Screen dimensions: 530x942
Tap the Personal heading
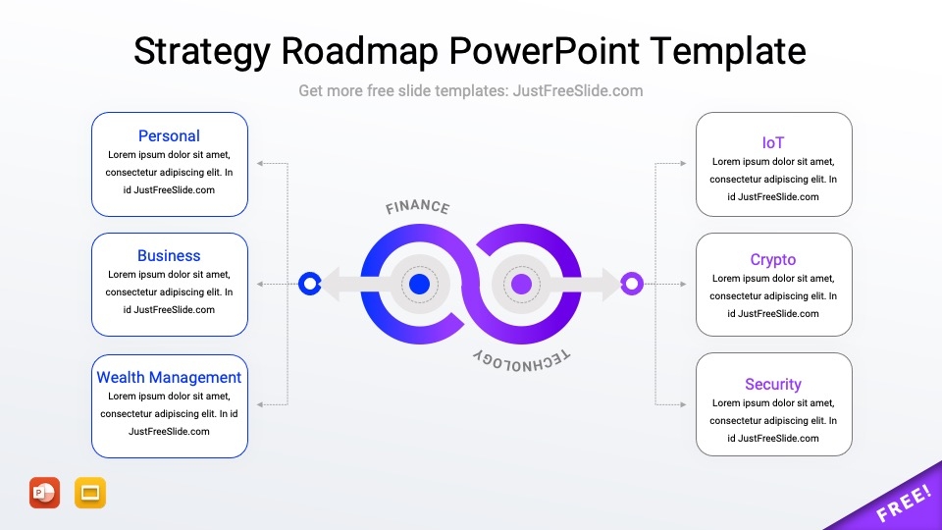(x=169, y=136)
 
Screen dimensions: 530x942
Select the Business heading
(x=169, y=256)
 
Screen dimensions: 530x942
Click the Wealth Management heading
(x=169, y=378)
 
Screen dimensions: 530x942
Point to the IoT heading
(x=773, y=143)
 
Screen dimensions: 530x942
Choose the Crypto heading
(x=773, y=260)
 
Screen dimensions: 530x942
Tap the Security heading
(x=773, y=385)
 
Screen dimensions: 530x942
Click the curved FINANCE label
(x=418, y=208)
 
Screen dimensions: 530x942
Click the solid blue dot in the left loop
(x=419, y=285)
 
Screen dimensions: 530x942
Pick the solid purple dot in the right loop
(x=522, y=285)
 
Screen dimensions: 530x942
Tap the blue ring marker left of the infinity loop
(x=310, y=285)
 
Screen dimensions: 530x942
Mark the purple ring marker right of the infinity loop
(x=632, y=285)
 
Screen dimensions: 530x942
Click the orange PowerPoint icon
(x=45, y=493)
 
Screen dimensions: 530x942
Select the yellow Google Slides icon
(x=90, y=493)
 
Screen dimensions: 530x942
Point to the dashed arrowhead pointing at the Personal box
(x=259, y=163)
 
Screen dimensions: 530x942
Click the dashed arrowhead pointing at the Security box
(x=683, y=404)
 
